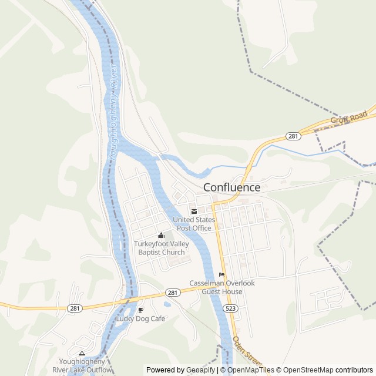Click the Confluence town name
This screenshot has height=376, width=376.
231,187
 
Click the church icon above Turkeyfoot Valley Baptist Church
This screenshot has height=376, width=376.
162,236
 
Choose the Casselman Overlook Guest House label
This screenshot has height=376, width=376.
222,287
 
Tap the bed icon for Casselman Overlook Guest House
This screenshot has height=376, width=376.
221,274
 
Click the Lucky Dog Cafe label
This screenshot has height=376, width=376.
140,318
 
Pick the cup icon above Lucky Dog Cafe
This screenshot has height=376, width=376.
140,309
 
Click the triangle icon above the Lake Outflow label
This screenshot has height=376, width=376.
82,353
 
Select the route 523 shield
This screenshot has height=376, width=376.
230,308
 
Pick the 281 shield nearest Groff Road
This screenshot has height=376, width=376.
293,136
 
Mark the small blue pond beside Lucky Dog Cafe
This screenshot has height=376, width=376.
167,304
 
